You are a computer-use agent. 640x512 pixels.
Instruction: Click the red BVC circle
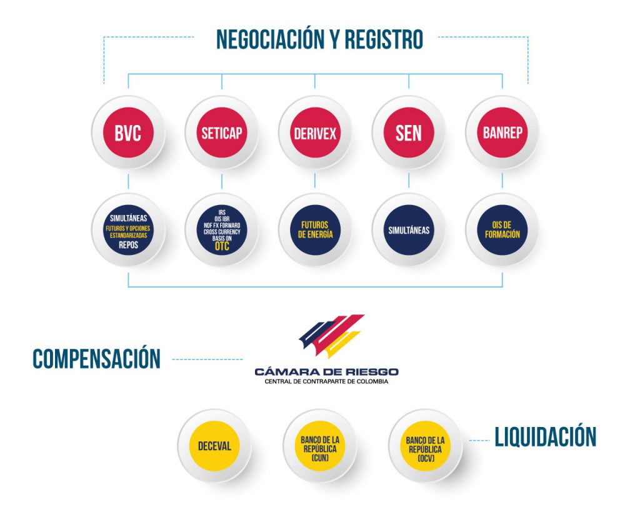click(x=128, y=133)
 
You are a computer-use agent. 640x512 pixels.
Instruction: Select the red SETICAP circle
click(x=222, y=133)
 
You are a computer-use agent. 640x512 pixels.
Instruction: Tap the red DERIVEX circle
click(x=315, y=133)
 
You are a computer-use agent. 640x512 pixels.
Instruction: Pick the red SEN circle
click(x=409, y=133)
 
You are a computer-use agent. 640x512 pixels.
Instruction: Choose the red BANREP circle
click(x=502, y=133)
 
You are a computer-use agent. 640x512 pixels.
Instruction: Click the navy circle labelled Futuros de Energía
click(x=315, y=230)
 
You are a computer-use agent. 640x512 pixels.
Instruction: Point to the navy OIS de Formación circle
click(x=502, y=230)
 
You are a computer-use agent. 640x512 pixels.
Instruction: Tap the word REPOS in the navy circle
click(x=128, y=245)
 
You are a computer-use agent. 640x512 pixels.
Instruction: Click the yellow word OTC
click(x=222, y=246)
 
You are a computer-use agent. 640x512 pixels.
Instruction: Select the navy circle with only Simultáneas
click(x=409, y=230)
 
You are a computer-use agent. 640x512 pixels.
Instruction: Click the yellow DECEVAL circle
click(x=214, y=446)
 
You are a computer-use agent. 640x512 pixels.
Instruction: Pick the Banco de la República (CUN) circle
click(x=320, y=446)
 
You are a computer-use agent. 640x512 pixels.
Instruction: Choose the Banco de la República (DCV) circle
click(x=425, y=446)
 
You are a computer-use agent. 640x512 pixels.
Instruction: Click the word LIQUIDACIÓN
click(x=545, y=436)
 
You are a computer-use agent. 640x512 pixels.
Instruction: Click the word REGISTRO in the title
click(x=384, y=39)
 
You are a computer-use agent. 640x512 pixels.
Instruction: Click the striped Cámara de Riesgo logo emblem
click(x=331, y=336)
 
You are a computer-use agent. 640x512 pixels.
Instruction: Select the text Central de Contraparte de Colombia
click(x=326, y=382)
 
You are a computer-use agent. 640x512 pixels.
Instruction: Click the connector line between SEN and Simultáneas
click(x=409, y=181)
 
